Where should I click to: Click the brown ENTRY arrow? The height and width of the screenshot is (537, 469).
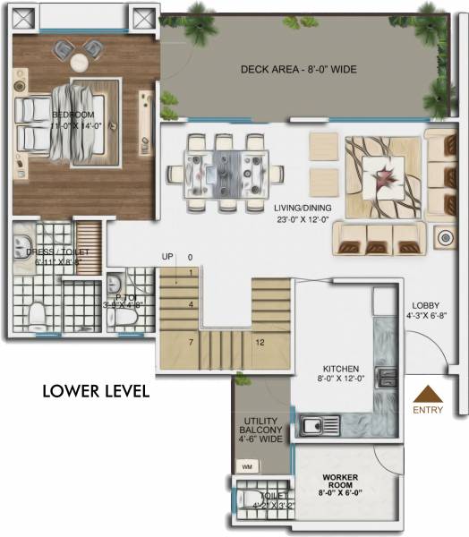tap(428, 395)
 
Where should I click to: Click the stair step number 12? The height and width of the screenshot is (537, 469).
tap(260, 342)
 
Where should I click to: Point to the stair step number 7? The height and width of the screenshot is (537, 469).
tap(191, 342)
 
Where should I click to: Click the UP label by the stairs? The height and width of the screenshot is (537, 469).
tap(167, 257)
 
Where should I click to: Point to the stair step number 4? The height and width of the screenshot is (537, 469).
tap(191, 304)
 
